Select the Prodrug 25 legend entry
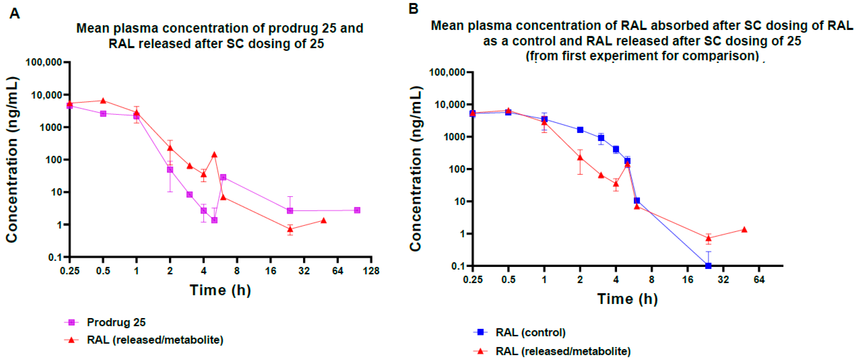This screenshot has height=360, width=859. point(116,322)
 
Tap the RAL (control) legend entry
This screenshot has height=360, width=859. point(530,332)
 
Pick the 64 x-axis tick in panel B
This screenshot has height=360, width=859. point(759,279)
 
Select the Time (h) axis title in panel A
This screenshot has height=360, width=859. point(220,290)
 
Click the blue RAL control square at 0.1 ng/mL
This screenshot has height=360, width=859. point(708,266)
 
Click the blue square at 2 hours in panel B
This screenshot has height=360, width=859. point(580,130)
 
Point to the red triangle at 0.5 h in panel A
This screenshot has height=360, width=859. point(103,101)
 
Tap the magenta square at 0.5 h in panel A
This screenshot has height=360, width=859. point(103,114)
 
